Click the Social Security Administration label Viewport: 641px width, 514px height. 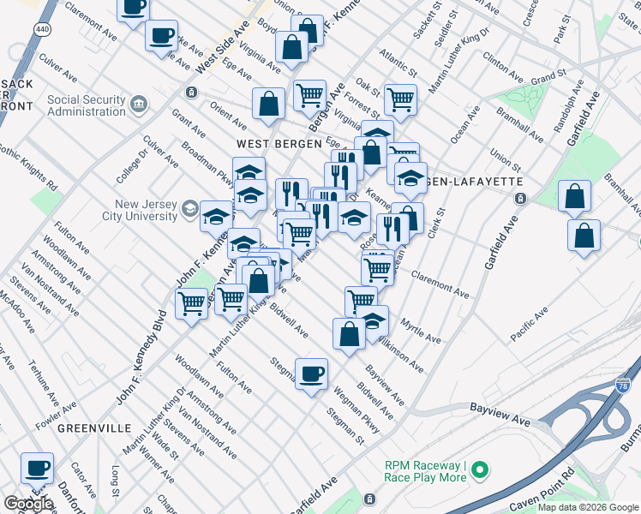click(86, 106)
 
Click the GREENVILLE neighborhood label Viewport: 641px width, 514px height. click(95, 428)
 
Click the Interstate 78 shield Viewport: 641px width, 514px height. click(625, 391)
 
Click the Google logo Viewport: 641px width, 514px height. click(27, 504)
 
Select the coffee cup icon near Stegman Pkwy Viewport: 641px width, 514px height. click(311, 373)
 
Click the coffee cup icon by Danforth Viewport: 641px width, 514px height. click(37, 469)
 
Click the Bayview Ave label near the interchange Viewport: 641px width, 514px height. click(498, 420)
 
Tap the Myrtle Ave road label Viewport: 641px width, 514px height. click(422, 331)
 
